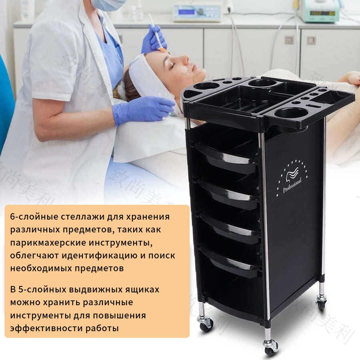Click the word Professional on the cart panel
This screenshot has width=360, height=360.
coord(292,184)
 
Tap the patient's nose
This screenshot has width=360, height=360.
coord(186,60)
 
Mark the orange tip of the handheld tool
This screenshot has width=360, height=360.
coord(162,49)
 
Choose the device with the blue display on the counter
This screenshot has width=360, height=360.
coord(197,12)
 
